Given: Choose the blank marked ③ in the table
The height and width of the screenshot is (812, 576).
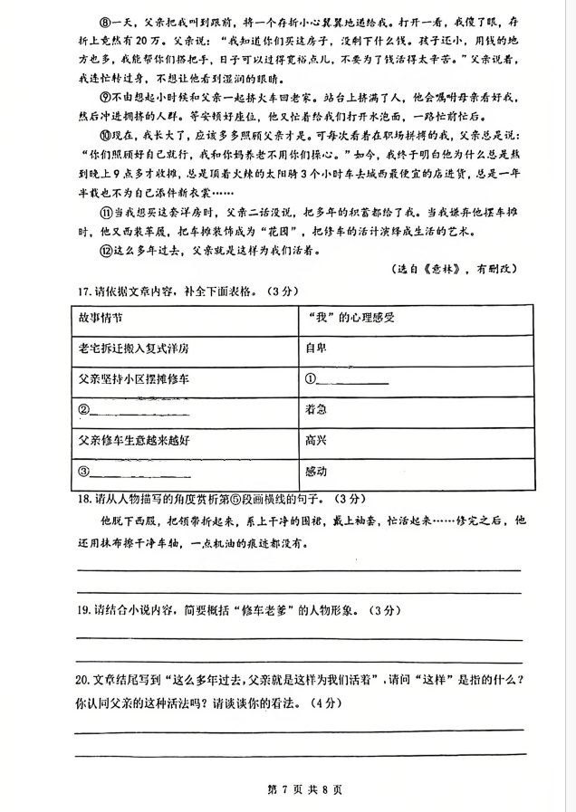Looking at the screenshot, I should [x=136, y=473].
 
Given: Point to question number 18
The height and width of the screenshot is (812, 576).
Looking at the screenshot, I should [x=83, y=499].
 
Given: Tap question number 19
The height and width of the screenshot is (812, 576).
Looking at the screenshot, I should [x=83, y=609].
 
